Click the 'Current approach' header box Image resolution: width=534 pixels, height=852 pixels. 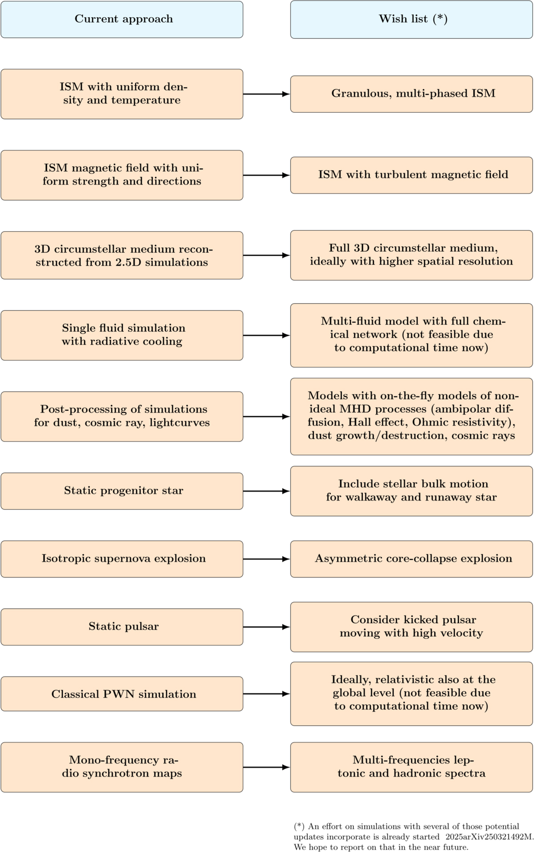[x=122, y=19]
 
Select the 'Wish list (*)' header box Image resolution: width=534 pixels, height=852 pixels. [x=411, y=19]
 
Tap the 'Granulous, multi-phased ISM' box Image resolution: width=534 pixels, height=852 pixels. [x=411, y=94]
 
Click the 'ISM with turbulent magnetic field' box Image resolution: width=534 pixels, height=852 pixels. [x=411, y=175]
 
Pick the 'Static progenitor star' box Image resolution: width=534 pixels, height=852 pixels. [x=122, y=491]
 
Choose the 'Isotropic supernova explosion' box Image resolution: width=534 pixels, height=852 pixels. [x=122, y=559]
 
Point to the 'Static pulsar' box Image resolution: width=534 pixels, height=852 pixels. [x=122, y=627]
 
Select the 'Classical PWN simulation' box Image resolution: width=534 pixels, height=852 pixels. [x=122, y=695]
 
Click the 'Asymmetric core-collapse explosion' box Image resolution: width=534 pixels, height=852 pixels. [x=411, y=559]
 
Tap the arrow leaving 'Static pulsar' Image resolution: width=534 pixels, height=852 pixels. [x=266, y=627]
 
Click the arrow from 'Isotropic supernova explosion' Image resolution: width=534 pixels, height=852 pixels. [x=266, y=559]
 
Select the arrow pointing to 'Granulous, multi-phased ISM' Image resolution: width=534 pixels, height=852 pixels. [x=266, y=94]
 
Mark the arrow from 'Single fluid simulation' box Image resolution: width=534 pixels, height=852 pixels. [x=266, y=335]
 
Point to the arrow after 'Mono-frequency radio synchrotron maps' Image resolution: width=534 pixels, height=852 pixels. [x=266, y=767]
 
